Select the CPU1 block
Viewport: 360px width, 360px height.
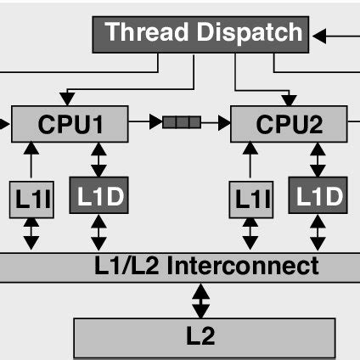coord(70,124)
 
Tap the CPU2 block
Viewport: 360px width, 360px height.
coord(290,124)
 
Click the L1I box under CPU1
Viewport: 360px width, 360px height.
coord(31,199)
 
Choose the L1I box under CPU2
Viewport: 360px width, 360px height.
coord(250,199)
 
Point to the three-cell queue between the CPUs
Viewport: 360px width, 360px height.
coord(183,123)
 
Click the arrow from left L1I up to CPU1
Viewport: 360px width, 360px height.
coord(31,160)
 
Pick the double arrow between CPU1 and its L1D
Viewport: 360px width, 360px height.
coord(99,159)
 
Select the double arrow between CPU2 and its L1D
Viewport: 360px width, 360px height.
coord(318,159)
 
